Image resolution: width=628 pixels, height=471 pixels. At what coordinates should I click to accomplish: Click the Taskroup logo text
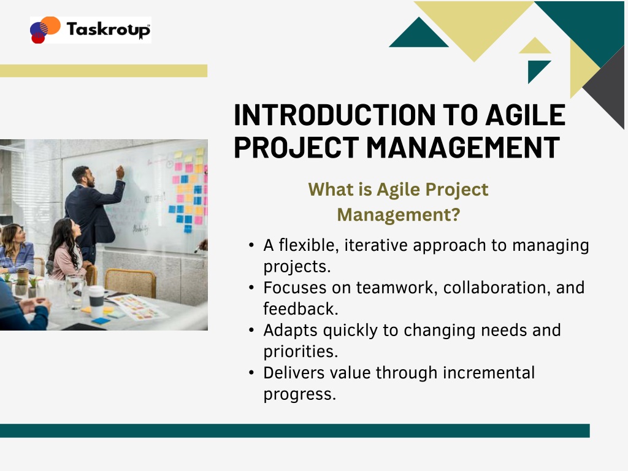click(x=109, y=29)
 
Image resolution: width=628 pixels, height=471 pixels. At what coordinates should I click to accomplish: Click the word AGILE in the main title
click(x=526, y=115)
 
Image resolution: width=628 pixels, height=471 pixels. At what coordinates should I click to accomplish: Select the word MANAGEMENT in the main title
click(x=463, y=147)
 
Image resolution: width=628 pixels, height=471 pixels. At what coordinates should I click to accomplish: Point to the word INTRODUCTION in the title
click(x=335, y=115)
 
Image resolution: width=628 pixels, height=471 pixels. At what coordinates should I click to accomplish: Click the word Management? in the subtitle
click(x=399, y=215)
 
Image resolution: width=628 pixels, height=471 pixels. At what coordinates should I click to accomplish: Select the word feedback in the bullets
click(x=301, y=309)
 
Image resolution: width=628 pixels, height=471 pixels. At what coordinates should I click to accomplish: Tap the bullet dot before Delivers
click(x=251, y=373)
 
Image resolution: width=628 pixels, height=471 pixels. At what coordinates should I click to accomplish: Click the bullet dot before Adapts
click(x=251, y=331)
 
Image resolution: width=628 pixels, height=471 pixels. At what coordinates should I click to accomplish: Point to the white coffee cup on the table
click(x=96, y=302)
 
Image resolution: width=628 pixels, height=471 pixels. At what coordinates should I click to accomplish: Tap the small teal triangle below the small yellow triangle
click(x=537, y=69)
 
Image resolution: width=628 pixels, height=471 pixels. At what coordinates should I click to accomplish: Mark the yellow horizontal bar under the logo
click(x=104, y=71)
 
